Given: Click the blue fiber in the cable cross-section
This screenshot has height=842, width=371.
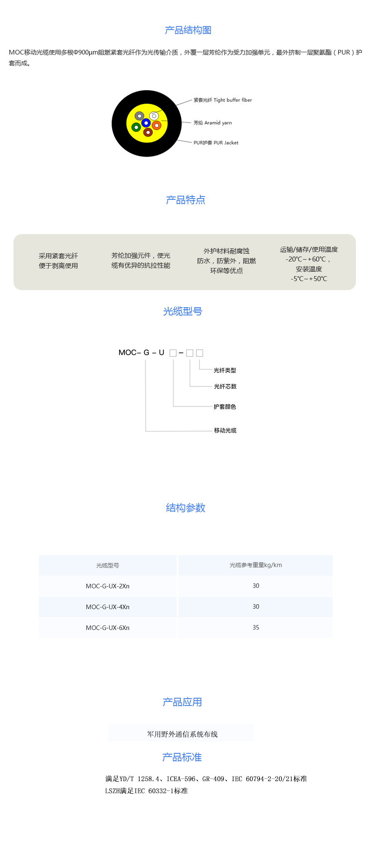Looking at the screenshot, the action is coord(146,123).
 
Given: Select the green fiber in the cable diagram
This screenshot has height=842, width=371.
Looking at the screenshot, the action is coord(136,127).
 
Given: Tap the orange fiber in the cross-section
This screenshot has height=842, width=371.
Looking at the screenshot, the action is coord(156,125).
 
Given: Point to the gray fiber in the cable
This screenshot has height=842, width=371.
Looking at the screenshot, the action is coord(140,116).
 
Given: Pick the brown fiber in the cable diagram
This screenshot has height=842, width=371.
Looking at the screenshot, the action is coord(148,132).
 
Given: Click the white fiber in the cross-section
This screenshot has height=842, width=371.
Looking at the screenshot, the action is coord(154,116).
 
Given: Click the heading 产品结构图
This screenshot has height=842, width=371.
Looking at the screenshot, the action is coord(188,30).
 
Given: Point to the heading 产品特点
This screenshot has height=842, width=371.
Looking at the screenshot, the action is coord(186,200).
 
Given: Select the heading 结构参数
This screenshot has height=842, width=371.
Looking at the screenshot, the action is coord(186,508).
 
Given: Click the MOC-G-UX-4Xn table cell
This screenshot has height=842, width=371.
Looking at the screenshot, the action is coord(108,607).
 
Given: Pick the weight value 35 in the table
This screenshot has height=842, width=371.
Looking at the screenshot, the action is coord(256,628).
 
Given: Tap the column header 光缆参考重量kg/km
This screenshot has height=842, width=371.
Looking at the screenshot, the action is coord(256,565).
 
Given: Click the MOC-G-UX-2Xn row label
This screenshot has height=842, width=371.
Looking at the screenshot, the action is coord(108,586).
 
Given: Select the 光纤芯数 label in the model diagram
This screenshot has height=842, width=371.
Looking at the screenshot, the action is coord(225,386).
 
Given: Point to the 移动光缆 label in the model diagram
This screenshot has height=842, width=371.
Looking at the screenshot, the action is coord(225,431).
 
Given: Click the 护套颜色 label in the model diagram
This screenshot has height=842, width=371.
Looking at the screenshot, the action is coord(225,407).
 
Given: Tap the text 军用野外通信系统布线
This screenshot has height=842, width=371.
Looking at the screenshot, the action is coord(182,734).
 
